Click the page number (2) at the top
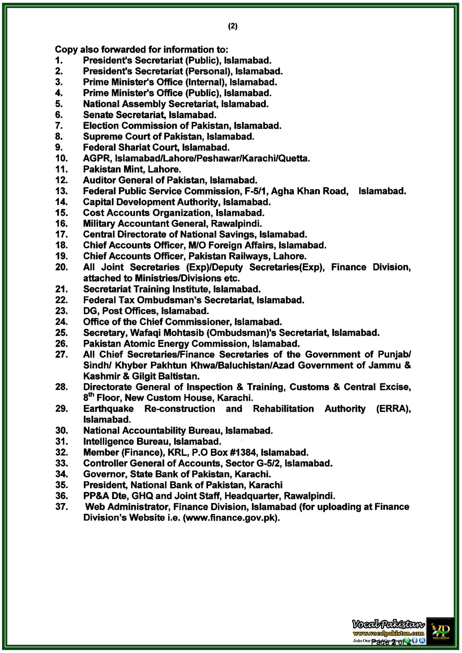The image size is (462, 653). (x=233, y=27)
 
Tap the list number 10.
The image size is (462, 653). (x=61, y=158)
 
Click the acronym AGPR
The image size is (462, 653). (x=96, y=158)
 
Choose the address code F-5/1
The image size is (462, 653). (x=256, y=191)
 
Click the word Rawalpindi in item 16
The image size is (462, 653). (x=236, y=224)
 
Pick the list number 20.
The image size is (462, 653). (x=61, y=267)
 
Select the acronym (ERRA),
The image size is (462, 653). (x=393, y=409)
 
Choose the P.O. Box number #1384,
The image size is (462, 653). (x=242, y=453)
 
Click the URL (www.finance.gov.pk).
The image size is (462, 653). (x=232, y=518)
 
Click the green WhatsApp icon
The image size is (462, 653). (x=408, y=641)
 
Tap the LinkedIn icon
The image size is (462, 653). (x=422, y=641)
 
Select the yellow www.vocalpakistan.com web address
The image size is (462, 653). (x=388, y=633)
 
